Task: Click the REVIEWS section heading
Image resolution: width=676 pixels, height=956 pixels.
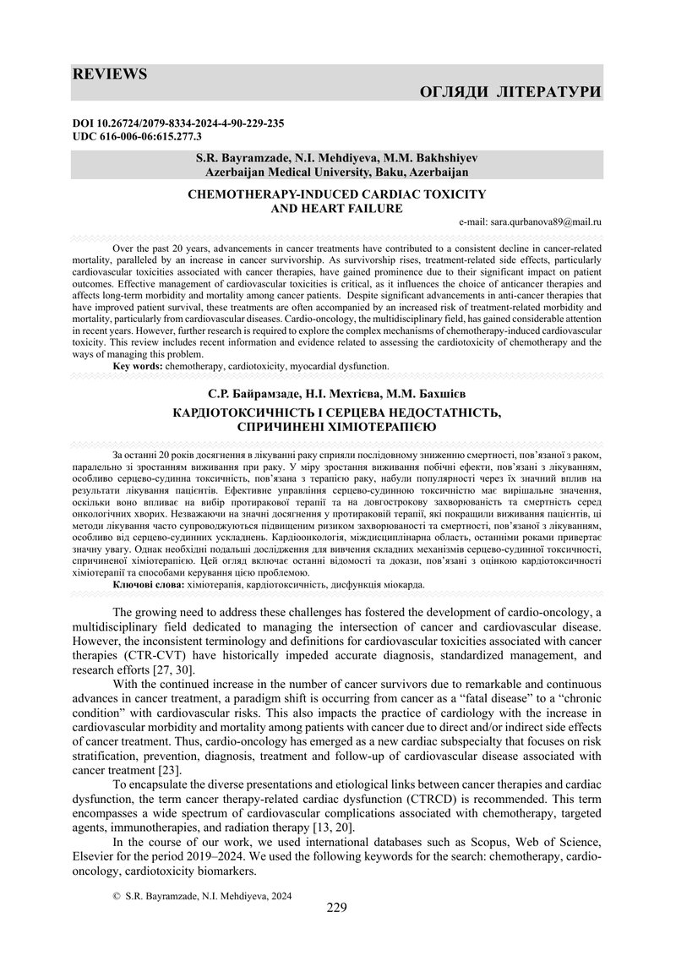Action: click(110, 74)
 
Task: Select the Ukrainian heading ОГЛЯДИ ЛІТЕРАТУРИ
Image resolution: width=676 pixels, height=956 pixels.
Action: click(510, 91)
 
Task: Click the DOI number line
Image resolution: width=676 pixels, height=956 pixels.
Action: click(178, 123)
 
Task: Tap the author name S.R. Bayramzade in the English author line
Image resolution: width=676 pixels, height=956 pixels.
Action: click(237, 158)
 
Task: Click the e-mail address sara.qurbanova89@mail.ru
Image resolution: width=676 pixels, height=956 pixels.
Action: click(530, 221)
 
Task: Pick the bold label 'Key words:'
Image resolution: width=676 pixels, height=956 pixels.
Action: click(138, 366)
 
